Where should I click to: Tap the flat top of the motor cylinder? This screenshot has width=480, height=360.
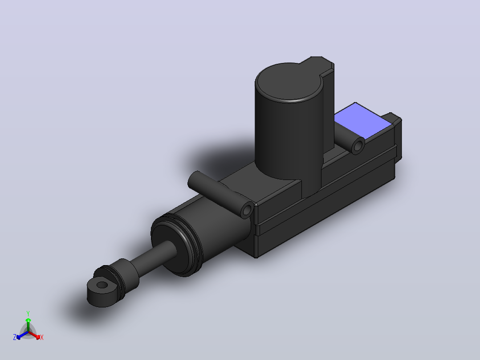tap(289, 81)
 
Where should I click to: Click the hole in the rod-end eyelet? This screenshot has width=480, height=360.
tap(102, 285)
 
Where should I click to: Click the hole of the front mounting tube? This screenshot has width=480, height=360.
tap(246, 210)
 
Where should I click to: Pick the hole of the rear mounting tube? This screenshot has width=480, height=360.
tap(357, 146)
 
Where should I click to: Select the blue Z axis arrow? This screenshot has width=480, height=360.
tap(22, 335)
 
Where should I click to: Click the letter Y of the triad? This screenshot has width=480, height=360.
tap(28, 313)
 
